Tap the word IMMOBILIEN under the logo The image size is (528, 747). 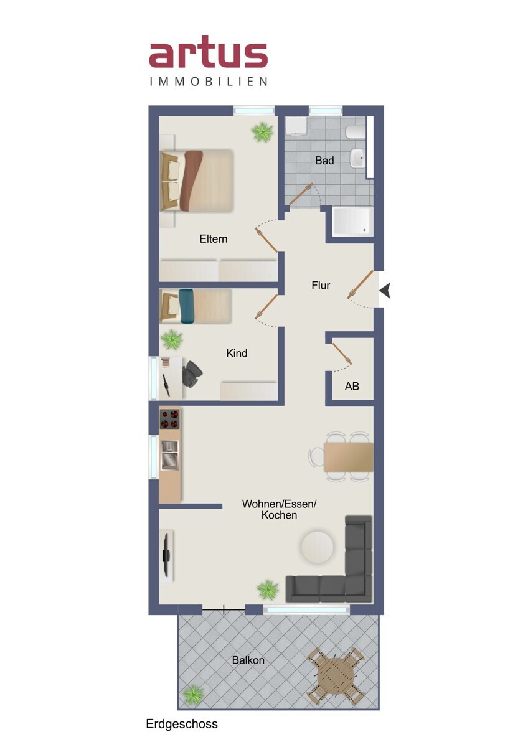coord(209,82)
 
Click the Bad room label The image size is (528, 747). coord(324,161)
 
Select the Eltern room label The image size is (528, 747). coord(214,239)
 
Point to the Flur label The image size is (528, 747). coord(321,286)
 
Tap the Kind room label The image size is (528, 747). coord(237,353)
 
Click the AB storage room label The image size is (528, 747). coord(352,386)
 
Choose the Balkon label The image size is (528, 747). coord(248,660)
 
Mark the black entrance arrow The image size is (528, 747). coord(385,290)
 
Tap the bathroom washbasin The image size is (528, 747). coord(357,157)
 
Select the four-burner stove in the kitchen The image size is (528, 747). coord(170,419)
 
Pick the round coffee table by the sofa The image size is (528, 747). coord(317,547)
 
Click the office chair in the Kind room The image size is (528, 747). coord(192,374)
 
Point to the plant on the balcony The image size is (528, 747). coord(193,695)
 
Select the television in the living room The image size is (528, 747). coord(166,555)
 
